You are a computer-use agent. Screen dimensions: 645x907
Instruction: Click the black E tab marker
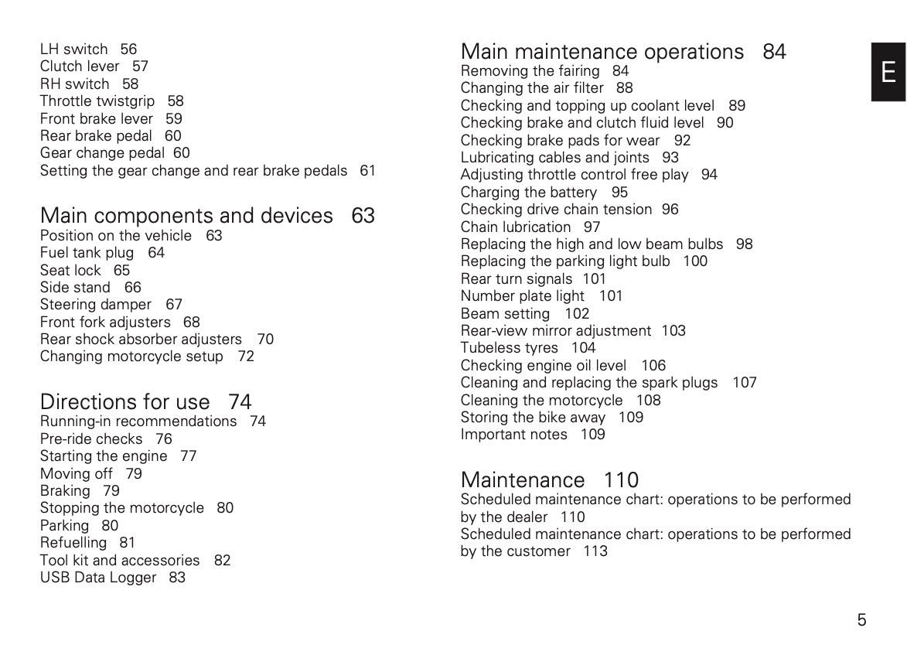(x=888, y=72)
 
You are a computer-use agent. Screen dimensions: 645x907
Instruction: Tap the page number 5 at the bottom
(x=861, y=619)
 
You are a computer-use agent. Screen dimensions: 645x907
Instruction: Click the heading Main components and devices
(x=186, y=215)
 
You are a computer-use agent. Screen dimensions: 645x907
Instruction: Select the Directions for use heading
(x=124, y=401)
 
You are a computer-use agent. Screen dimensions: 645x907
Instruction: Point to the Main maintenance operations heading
(x=602, y=52)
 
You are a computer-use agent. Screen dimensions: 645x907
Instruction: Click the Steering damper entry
(x=96, y=305)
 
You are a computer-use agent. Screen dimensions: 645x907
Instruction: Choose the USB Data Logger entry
(x=98, y=578)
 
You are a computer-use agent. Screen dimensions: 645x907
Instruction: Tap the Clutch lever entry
(x=80, y=67)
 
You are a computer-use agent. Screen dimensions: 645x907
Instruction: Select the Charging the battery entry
(x=529, y=193)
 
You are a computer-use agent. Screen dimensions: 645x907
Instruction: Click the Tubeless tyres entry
(x=509, y=348)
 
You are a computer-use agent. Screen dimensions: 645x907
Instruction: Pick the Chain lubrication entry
(x=516, y=227)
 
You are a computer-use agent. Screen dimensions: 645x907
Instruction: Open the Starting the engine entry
(x=104, y=456)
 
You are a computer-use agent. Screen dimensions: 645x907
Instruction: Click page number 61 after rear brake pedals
(x=367, y=171)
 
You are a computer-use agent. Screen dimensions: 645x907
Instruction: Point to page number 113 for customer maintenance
(x=595, y=551)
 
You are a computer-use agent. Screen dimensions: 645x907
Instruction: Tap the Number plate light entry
(x=523, y=296)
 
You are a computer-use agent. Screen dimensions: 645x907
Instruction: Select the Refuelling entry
(x=73, y=543)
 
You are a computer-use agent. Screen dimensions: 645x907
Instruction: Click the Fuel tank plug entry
(x=87, y=253)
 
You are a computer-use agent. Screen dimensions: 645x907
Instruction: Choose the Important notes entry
(x=514, y=435)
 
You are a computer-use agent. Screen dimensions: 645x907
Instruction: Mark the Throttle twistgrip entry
(x=97, y=101)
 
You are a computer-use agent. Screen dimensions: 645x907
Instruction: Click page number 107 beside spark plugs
(x=744, y=383)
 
